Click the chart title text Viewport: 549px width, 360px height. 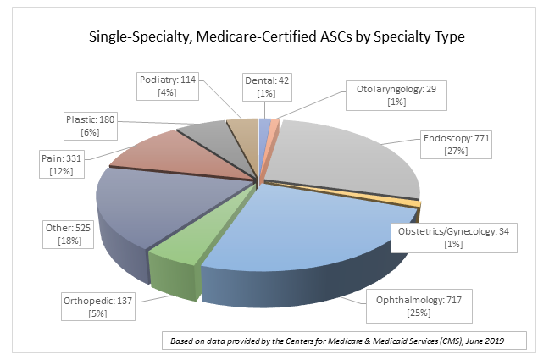pyautogui.click(x=274, y=38)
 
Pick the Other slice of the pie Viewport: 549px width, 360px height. pyautogui.click(x=152, y=203)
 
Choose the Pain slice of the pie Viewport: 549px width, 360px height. pyautogui.click(x=169, y=152)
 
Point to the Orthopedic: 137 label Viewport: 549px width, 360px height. pyautogui.click(x=99, y=306)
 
